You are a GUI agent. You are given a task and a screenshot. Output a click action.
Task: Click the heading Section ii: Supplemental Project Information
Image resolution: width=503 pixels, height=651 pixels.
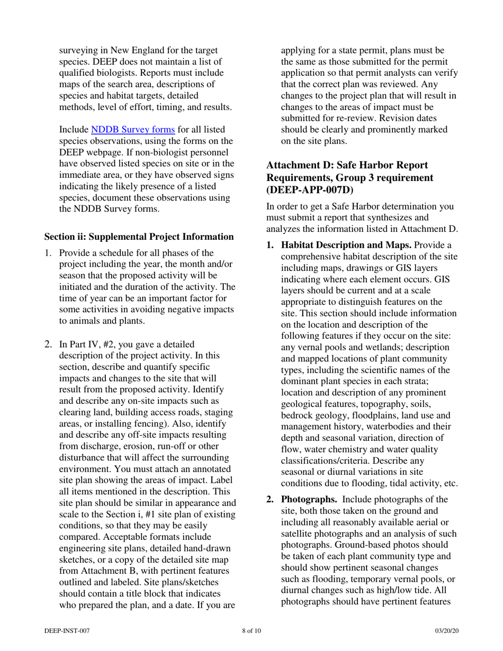[x=139, y=236]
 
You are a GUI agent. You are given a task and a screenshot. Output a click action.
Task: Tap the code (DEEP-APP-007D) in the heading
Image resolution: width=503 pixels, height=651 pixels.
[x=310, y=189]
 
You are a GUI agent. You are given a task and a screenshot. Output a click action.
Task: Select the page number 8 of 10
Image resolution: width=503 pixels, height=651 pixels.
[x=251, y=631]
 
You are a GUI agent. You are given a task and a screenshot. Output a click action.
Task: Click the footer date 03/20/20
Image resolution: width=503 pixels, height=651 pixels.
[x=446, y=631]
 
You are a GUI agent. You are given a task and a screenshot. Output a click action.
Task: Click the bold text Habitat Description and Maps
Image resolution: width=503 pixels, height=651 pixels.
[x=346, y=246]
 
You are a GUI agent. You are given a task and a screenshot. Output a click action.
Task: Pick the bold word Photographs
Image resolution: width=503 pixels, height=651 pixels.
[x=309, y=499]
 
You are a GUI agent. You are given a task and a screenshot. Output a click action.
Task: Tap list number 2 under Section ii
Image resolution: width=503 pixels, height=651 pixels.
[x=49, y=345]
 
